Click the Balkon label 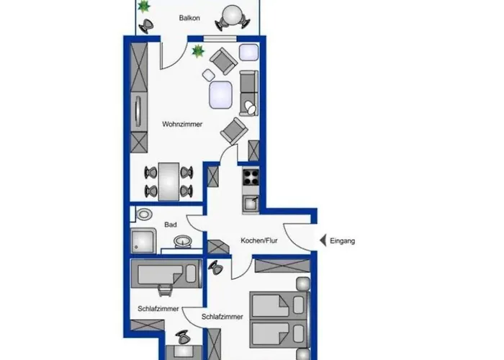tap(189, 18)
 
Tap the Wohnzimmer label tap(182, 124)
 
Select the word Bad tap(171, 225)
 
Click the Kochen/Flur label tap(259, 240)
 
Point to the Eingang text tap(342, 240)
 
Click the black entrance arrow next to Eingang tap(323, 240)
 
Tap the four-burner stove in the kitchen tap(251, 177)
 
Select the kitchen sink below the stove tap(251, 204)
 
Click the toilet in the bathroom tap(144, 215)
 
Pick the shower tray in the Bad tap(143, 240)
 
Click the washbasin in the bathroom tap(183, 240)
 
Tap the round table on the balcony tap(232, 14)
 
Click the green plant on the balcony tap(143, 6)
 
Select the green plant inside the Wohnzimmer tap(198, 51)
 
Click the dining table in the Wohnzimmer tap(168, 181)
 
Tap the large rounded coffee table tap(220, 95)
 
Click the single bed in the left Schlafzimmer tap(166, 274)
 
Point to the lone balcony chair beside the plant tap(147, 26)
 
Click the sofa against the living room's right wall tap(249, 93)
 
